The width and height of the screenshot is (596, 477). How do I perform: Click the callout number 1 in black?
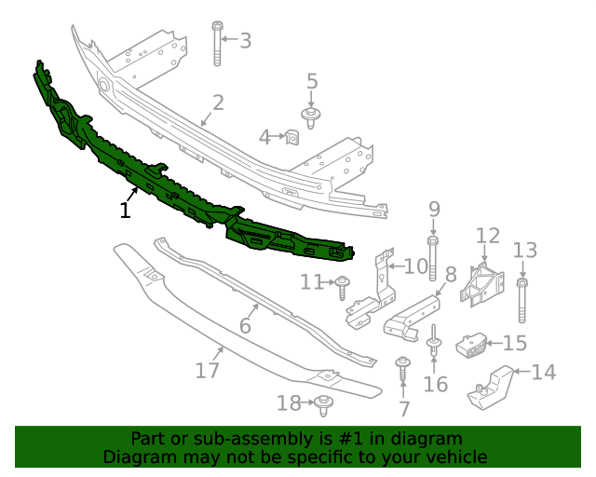pos(125,211)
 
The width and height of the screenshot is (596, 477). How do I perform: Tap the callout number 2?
pos(218,103)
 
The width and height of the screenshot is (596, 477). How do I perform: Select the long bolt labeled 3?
pos(217,44)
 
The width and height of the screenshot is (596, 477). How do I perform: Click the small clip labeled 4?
pos(291,137)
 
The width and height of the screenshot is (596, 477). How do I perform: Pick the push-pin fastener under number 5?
pos(311,118)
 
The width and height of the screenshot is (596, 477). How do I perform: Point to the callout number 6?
pos(245,325)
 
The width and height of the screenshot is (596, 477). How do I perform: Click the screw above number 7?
pos(403,368)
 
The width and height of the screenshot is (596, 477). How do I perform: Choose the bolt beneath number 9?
pos(432,259)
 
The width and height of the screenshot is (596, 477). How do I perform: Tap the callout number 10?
pos(416,266)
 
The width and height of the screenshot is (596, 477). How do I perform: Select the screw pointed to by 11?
pos(342,288)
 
